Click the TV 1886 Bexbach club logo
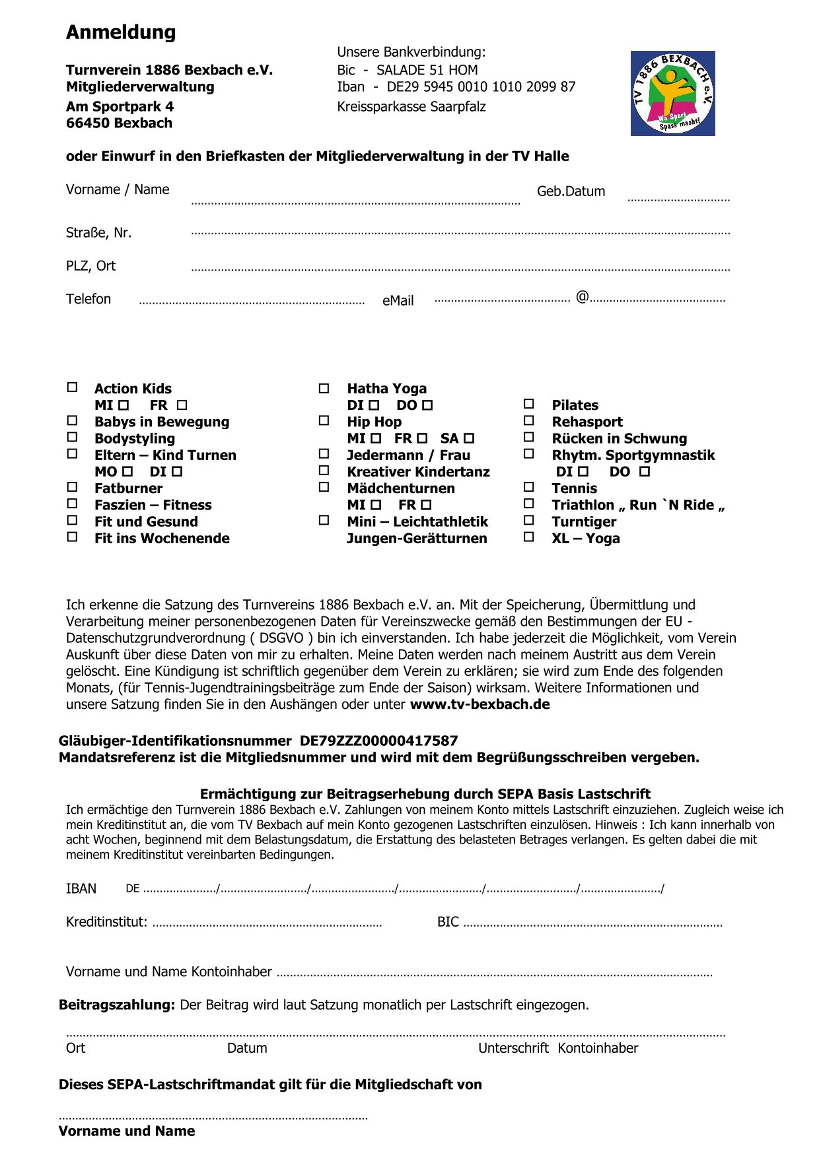(x=672, y=93)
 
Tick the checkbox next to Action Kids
(x=73, y=387)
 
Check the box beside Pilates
(x=528, y=404)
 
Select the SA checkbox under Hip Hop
(x=469, y=438)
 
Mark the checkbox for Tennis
(x=528, y=487)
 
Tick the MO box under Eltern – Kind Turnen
(x=127, y=471)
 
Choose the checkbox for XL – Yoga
(x=528, y=537)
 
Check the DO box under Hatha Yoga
(x=427, y=405)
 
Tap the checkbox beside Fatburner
(x=73, y=487)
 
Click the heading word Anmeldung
(x=121, y=32)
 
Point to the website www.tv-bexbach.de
(x=480, y=704)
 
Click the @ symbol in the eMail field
(x=582, y=297)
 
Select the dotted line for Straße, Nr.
(x=460, y=233)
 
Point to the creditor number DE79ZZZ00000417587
(x=378, y=741)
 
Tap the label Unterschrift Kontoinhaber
(x=558, y=1048)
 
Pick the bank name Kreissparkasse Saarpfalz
(x=411, y=106)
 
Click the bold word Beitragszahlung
(x=117, y=1005)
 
